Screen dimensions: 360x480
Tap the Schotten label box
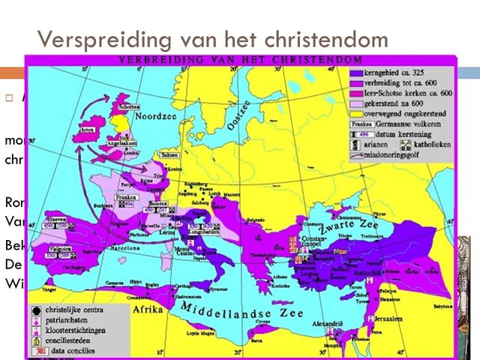(128, 107)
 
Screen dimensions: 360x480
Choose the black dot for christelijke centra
(36, 308)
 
